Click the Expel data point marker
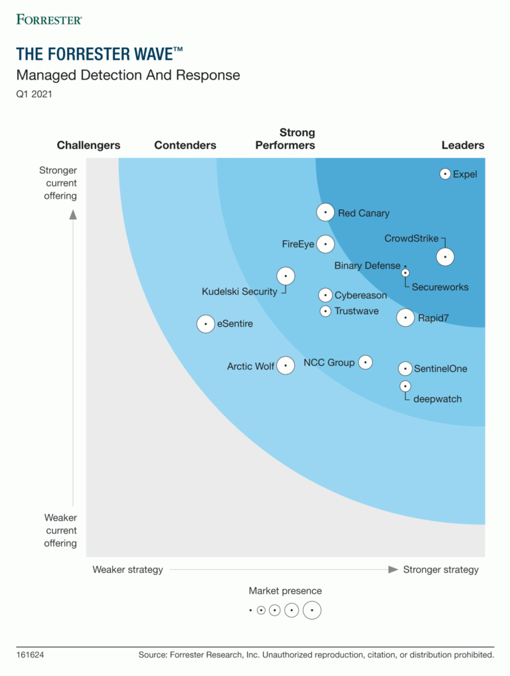pos(446,174)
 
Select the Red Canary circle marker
pos(325,212)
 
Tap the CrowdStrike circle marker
pos(446,257)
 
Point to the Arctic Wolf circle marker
pos(286,365)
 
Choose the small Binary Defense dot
pos(405,266)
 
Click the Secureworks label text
pos(440,288)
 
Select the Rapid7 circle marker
pos(406,318)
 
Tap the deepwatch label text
pos(437,399)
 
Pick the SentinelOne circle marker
pos(405,369)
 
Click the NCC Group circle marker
pos(365,363)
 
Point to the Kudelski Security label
pos(240,292)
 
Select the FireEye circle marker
pos(325,244)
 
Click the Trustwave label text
pos(357,311)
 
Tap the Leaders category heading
pos(463,145)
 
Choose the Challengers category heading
pos(88,145)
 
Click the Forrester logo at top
pos(49,19)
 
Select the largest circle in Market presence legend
pos(312,610)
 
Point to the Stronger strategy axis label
pos(440,570)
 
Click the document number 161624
pos(30,655)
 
